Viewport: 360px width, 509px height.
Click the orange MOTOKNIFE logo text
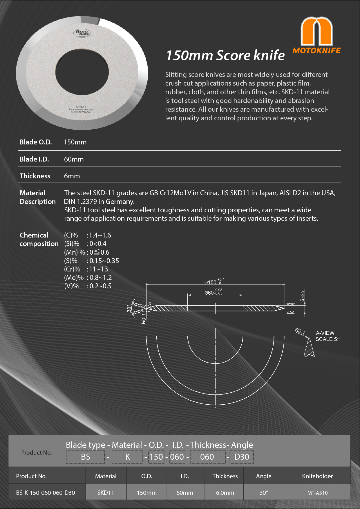(x=316, y=50)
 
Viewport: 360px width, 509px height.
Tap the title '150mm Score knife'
(x=225, y=55)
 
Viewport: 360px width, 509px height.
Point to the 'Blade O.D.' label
(x=36, y=142)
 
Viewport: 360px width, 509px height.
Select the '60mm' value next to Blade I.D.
(x=74, y=159)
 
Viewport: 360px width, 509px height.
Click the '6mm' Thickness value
(x=72, y=176)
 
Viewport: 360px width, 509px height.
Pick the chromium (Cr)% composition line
(x=86, y=269)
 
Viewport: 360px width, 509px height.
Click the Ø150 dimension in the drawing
(x=211, y=282)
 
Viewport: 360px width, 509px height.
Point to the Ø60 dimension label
(x=209, y=293)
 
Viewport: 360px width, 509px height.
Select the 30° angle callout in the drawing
(x=129, y=308)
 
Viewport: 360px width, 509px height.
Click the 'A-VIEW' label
(x=325, y=333)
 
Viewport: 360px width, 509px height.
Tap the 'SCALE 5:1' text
(x=328, y=339)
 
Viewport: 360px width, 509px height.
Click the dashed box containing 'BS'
(x=85, y=457)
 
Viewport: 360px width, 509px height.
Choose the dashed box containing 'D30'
(x=241, y=457)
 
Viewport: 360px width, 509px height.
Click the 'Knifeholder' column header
(x=317, y=476)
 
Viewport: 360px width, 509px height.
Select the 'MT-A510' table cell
(x=317, y=493)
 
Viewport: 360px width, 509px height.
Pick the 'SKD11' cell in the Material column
(x=106, y=493)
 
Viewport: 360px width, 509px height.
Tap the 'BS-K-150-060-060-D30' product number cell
(x=46, y=493)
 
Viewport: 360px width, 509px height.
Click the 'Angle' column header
(x=264, y=476)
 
